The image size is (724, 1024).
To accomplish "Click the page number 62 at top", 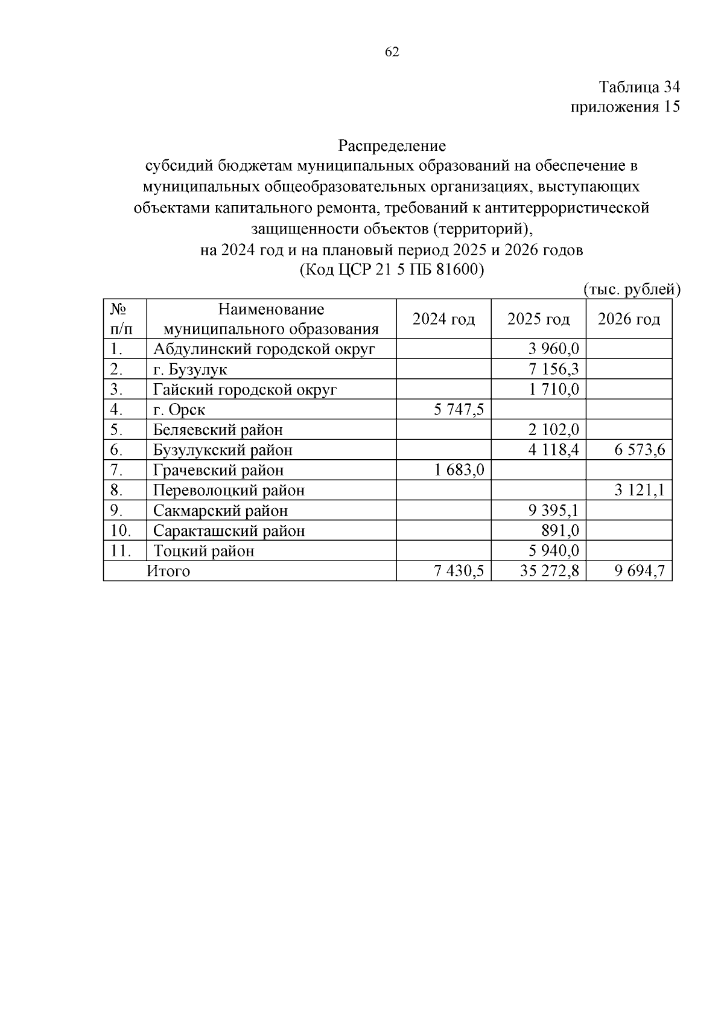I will (x=392, y=52).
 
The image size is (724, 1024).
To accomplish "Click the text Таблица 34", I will (x=639, y=87).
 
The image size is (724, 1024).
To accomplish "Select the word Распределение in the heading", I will (x=392, y=145).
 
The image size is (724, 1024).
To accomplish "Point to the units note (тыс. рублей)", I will (x=632, y=290).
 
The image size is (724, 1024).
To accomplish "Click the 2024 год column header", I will (x=443, y=319).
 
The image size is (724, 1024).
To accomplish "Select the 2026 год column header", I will (x=629, y=319).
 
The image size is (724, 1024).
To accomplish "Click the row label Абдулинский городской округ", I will (x=264, y=349).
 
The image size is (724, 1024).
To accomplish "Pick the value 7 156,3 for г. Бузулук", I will (x=554, y=369).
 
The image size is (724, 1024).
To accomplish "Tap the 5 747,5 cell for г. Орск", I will (x=459, y=410).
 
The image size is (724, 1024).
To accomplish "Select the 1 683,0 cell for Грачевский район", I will (x=459, y=470).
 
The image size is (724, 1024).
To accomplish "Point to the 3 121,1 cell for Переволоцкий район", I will (x=640, y=491).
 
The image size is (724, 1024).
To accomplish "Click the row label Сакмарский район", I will (x=220, y=510).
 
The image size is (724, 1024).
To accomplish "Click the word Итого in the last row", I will (x=168, y=571).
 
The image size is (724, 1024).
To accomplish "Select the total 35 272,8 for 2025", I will (x=549, y=571).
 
